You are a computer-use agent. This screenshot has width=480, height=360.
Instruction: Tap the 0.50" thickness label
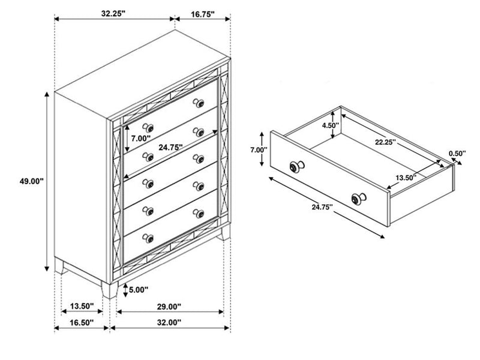click(457, 154)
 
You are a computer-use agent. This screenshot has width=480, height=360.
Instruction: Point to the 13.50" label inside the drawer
click(406, 178)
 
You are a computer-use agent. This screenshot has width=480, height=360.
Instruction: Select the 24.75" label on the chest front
click(172, 146)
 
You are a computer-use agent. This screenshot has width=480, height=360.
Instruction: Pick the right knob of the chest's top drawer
click(196, 103)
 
